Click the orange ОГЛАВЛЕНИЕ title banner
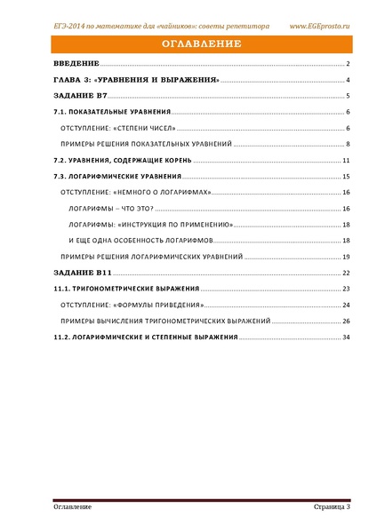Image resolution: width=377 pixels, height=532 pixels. (188, 44)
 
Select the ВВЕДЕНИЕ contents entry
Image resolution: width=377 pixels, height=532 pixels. (76, 65)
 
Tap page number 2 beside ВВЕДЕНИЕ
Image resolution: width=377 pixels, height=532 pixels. (349, 65)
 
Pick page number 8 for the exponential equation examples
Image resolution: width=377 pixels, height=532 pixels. (349, 144)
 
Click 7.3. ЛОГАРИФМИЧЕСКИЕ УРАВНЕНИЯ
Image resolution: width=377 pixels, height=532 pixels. (119, 177)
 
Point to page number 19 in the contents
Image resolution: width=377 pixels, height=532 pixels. (347, 257)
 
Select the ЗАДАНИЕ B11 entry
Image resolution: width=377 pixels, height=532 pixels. (83, 273)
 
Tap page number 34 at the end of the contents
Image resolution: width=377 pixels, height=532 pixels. (347, 337)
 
